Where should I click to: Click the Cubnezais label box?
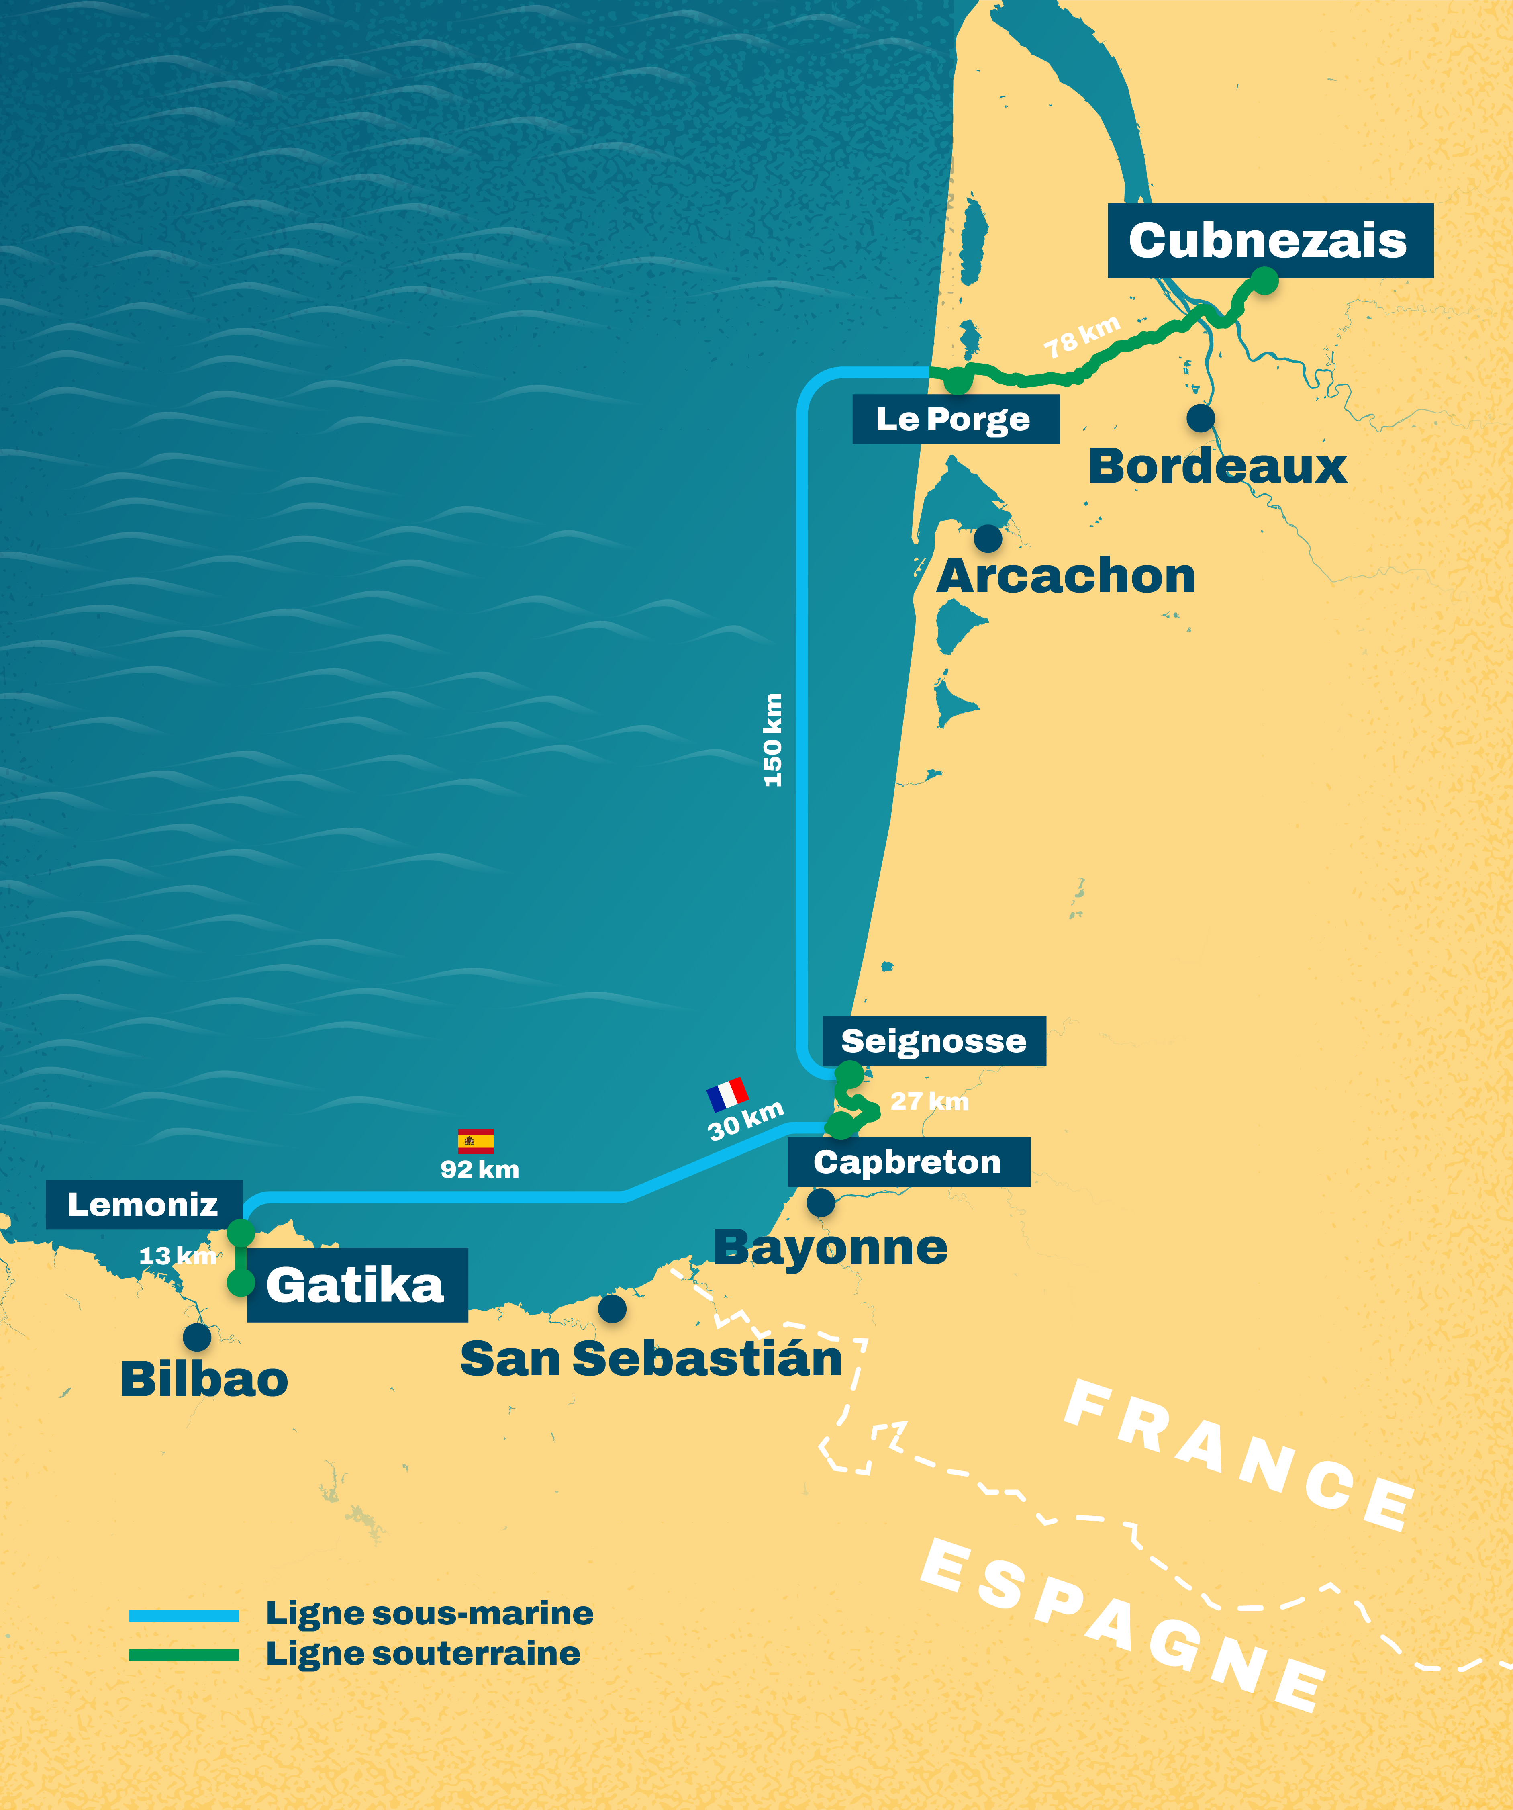coord(1270,241)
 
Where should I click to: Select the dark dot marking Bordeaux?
coord(1200,418)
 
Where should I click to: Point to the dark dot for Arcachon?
coord(987,539)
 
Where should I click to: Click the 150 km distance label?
coord(773,740)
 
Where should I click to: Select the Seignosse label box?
coord(934,1041)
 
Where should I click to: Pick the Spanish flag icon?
coord(476,1141)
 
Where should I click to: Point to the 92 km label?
coord(480,1170)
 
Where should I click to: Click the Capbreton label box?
coord(908,1162)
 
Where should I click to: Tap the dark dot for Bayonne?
coord(820,1203)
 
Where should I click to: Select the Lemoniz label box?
coord(143,1204)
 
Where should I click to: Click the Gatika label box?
coord(357,1285)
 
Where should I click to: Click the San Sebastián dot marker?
coord(612,1308)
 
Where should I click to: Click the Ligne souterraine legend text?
coord(423,1654)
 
